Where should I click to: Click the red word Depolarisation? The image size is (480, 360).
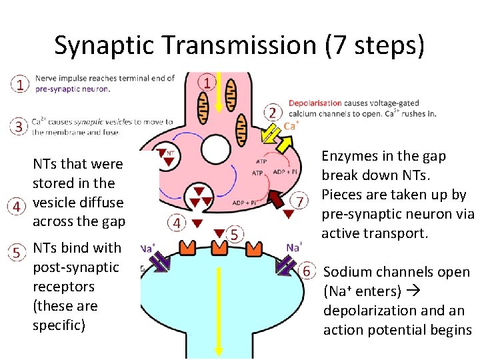point(315,103)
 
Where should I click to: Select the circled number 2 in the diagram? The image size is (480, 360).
point(272,111)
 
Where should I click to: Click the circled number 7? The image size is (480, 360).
point(301,201)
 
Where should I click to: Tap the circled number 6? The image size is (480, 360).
point(306,271)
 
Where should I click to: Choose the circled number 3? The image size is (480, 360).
point(19,125)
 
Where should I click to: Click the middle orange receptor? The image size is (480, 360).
point(219,247)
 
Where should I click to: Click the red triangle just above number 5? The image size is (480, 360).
point(219,233)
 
